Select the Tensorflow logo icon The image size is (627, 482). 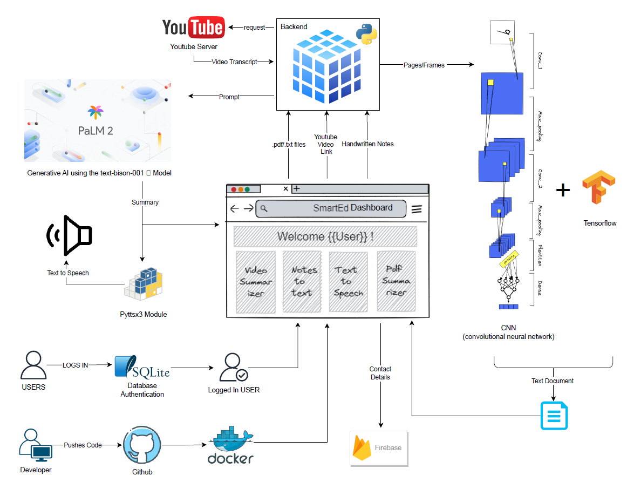pos(599,188)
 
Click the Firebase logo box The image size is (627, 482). pos(379,449)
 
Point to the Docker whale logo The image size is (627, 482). pos(231,446)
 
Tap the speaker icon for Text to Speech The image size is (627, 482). pos(70,235)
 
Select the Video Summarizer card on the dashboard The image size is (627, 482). pos(256,281)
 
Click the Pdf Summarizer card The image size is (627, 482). pos(396,281)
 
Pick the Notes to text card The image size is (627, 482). pos(302,281)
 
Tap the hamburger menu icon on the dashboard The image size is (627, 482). pos(417,209)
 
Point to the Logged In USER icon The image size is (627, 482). pos(234,368)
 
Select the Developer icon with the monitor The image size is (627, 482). pos(35,446)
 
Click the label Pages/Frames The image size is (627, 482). pos(424,65)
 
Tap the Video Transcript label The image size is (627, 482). pos(234,62)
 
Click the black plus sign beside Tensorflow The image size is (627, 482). pos(563,190)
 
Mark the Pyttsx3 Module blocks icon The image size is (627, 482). pos(143,284)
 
